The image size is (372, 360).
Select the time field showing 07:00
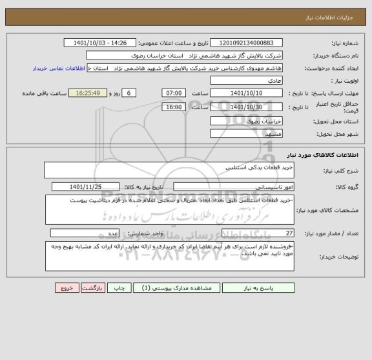(x=173, y=94)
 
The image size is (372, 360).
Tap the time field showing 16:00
(x=173, y=107)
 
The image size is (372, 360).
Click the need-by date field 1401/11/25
(x=94, y=187)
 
